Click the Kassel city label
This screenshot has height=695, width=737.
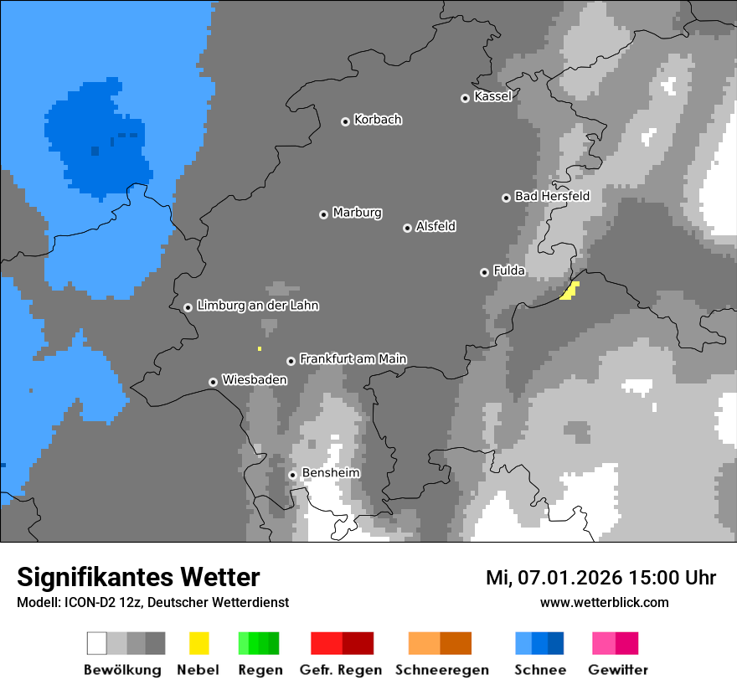pyautogui.click(x=492, y=96)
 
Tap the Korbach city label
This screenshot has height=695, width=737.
pyautogui.click(x=378, y=120)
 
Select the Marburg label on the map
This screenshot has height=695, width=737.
pyautogui.click(x=357, y=213)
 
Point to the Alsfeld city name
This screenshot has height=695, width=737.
pyautogui.click(x=435, y=226)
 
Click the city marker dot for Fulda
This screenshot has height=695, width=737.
pyautogui.click(x=484, y=272)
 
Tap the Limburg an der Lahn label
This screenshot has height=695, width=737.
pyautogui.click(x=257, y=306)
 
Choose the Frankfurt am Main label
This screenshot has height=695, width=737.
pyautogui.click(x=353, y=359)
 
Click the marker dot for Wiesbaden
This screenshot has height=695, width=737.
pyautogui.click(x=213, y=382)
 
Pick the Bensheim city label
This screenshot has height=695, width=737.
pyautogui.click(x=330, y=473)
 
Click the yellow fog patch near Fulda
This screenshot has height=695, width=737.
pyautogui.click(x=569, y=291)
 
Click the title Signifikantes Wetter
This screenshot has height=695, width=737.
pyautogui.click(x=138, y=577)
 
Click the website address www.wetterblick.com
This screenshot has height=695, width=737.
pyautogui.click(x=604, y=602)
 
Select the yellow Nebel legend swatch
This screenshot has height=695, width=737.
pyautogui.click(x=198, y=643)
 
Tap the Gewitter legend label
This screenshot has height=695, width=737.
pyautogui.click(x=617, y=670)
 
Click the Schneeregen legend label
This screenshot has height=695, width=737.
pyautogui.click(x=441, y=670)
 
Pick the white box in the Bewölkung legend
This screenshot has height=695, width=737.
pyautogui.click(x=97, y=643)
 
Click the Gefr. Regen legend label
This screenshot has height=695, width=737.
pyautogui.click(x=341, y=670)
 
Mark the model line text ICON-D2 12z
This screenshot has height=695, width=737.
pyautogui.click(x=111, y=602)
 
